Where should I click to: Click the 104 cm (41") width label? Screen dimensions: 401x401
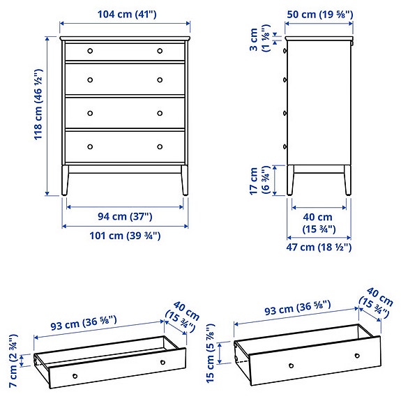[125, 13]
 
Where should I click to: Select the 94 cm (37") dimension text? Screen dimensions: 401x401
[125, 218]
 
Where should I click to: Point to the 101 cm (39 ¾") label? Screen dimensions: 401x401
[126, 236]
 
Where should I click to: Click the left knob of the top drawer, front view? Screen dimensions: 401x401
[90, 51]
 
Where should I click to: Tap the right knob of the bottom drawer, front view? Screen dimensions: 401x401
[160, 146]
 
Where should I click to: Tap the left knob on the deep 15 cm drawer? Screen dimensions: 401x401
[289, 366]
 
